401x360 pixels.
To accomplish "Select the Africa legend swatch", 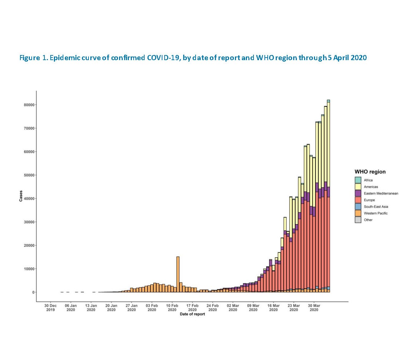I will pos(358,180).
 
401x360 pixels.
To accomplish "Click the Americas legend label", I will pos(370,187).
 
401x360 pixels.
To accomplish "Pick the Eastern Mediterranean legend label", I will pos(381,193).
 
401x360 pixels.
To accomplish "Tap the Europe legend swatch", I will pos(358,200).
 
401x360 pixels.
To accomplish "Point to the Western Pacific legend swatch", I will pos(358,213).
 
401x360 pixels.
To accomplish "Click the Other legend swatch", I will pos(358,220).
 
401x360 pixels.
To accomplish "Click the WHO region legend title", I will pos(370,172).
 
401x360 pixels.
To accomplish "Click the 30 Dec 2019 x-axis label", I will pos(51,308).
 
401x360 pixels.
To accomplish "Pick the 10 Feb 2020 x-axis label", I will pos(172,308).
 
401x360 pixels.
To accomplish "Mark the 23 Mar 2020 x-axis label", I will pos(294,308).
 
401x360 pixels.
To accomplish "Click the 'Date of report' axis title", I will pos(192,314).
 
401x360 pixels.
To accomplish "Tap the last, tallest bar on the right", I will pos(328,197).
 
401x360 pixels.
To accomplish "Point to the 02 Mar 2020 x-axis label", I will pos(233,308).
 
